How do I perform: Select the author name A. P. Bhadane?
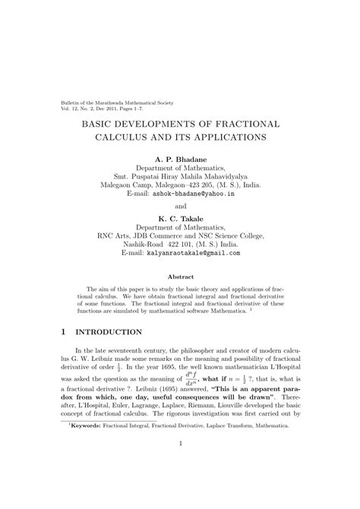click(x=180, y=158)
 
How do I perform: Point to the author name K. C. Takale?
click(x=180, y=218)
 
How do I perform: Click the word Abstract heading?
click(x=180, y=277)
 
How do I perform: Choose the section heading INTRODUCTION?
click(x=111, y=332)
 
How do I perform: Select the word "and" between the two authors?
click(x=180, y=206)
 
